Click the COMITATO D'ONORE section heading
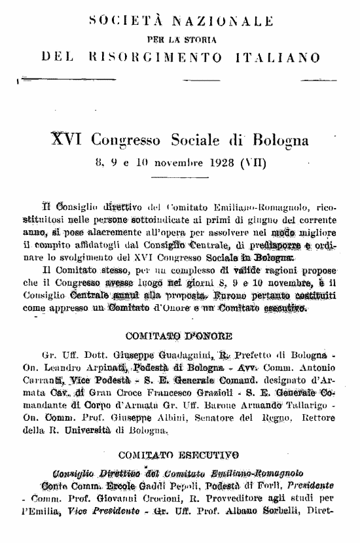point(179,337)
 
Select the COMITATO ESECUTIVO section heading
point(179,454)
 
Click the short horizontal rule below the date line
point(179,177)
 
